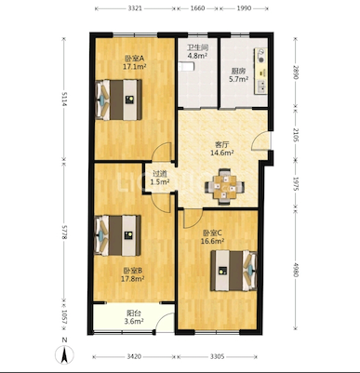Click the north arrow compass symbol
[64, 354]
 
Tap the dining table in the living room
[224, 186]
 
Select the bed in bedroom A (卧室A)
[119, 100]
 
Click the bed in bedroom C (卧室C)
[233, 271]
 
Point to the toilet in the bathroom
[186, 66]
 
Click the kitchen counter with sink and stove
[260, 71]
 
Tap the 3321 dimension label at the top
[135, 8]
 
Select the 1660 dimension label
[197, 8]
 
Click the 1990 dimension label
[244, 8]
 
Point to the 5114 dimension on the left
[64, 99]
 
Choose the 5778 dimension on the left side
[64, 232]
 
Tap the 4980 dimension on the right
[296, 270]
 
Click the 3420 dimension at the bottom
[134, 356]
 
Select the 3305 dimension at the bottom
[218, 356]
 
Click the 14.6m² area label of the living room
[222, 153]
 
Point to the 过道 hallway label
[160, 174]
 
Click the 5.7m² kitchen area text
[238, 79]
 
